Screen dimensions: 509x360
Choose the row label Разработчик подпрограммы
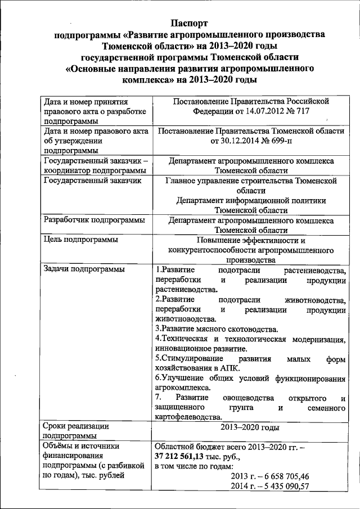94,219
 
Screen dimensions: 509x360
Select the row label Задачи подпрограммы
84,269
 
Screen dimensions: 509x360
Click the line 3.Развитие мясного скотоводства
216,328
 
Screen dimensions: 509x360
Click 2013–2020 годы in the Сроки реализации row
250,428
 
